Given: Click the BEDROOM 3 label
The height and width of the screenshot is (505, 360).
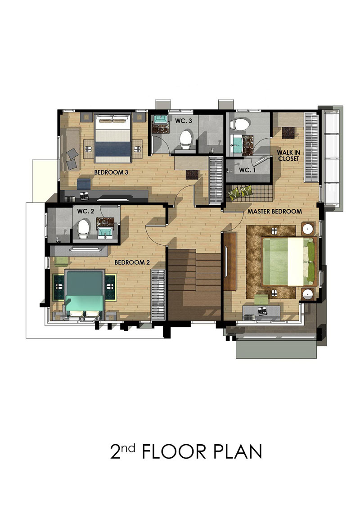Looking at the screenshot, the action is coord(111,172).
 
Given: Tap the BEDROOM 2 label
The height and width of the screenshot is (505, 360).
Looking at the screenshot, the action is coord(132,262).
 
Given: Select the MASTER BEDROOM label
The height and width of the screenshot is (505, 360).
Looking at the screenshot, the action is coord(274,212).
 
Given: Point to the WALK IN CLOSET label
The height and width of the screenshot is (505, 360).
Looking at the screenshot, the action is coord(288,155).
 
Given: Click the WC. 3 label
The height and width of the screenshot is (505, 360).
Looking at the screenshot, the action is coord(184,121).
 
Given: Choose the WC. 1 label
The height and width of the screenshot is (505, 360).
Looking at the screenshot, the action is coord(247,170).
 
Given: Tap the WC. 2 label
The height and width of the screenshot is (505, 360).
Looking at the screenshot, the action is coord(85,211).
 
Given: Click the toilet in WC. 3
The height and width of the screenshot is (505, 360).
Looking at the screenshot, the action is coord(186,139).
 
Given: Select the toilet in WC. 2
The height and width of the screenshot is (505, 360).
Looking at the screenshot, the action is coord(83,229).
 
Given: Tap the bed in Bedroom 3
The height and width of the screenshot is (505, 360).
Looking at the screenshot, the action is coord(112,138).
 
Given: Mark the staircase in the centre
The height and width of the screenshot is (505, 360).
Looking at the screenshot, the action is coord(194,284).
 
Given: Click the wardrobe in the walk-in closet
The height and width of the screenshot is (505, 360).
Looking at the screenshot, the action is coord(311,148).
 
